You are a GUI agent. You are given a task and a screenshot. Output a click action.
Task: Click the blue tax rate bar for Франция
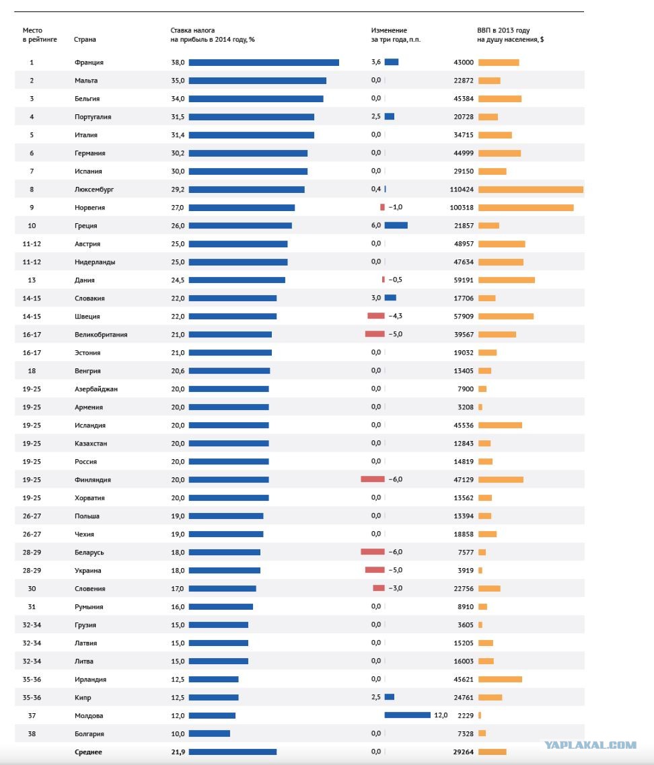[x=264, y=63]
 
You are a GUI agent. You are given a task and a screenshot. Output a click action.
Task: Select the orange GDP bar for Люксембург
[x=531, y=190]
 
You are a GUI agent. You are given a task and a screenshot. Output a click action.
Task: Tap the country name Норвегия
[x=90, y=207]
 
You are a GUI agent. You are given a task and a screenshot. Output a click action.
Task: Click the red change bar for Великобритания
[x=375, y=334]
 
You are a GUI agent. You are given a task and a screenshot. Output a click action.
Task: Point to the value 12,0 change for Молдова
[x=441, y=715]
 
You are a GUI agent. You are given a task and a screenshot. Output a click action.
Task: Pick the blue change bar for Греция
[x=396, y=225]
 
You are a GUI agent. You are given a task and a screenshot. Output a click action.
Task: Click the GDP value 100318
[x=462, y=207]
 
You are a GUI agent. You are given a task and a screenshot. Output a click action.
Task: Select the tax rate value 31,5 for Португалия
[x=178, y=116]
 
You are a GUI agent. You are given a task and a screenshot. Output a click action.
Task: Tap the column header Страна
[x=85, y=40]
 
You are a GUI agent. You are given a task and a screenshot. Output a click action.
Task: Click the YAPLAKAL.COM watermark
[x=591, y=745]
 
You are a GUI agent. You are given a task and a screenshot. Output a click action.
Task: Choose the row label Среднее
[x=88, y=752]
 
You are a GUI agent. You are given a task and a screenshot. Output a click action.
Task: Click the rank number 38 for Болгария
[x=32, y=734]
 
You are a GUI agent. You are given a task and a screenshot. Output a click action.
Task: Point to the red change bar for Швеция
[x=376, y=316]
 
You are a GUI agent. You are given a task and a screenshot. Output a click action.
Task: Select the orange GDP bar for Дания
[x=507, y=280]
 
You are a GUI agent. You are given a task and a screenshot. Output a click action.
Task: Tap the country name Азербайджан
[x=96, y=389]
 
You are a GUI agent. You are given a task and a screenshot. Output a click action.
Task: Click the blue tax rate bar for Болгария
[x=209, y=733]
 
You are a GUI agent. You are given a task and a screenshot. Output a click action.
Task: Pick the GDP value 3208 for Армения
[x=466, y=407]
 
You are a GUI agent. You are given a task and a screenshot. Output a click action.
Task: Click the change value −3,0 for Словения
[x=396, y=588]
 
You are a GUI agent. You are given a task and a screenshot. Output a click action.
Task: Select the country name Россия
[x=85, y=462]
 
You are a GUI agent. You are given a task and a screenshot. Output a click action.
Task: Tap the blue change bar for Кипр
[x=390, y=697]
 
